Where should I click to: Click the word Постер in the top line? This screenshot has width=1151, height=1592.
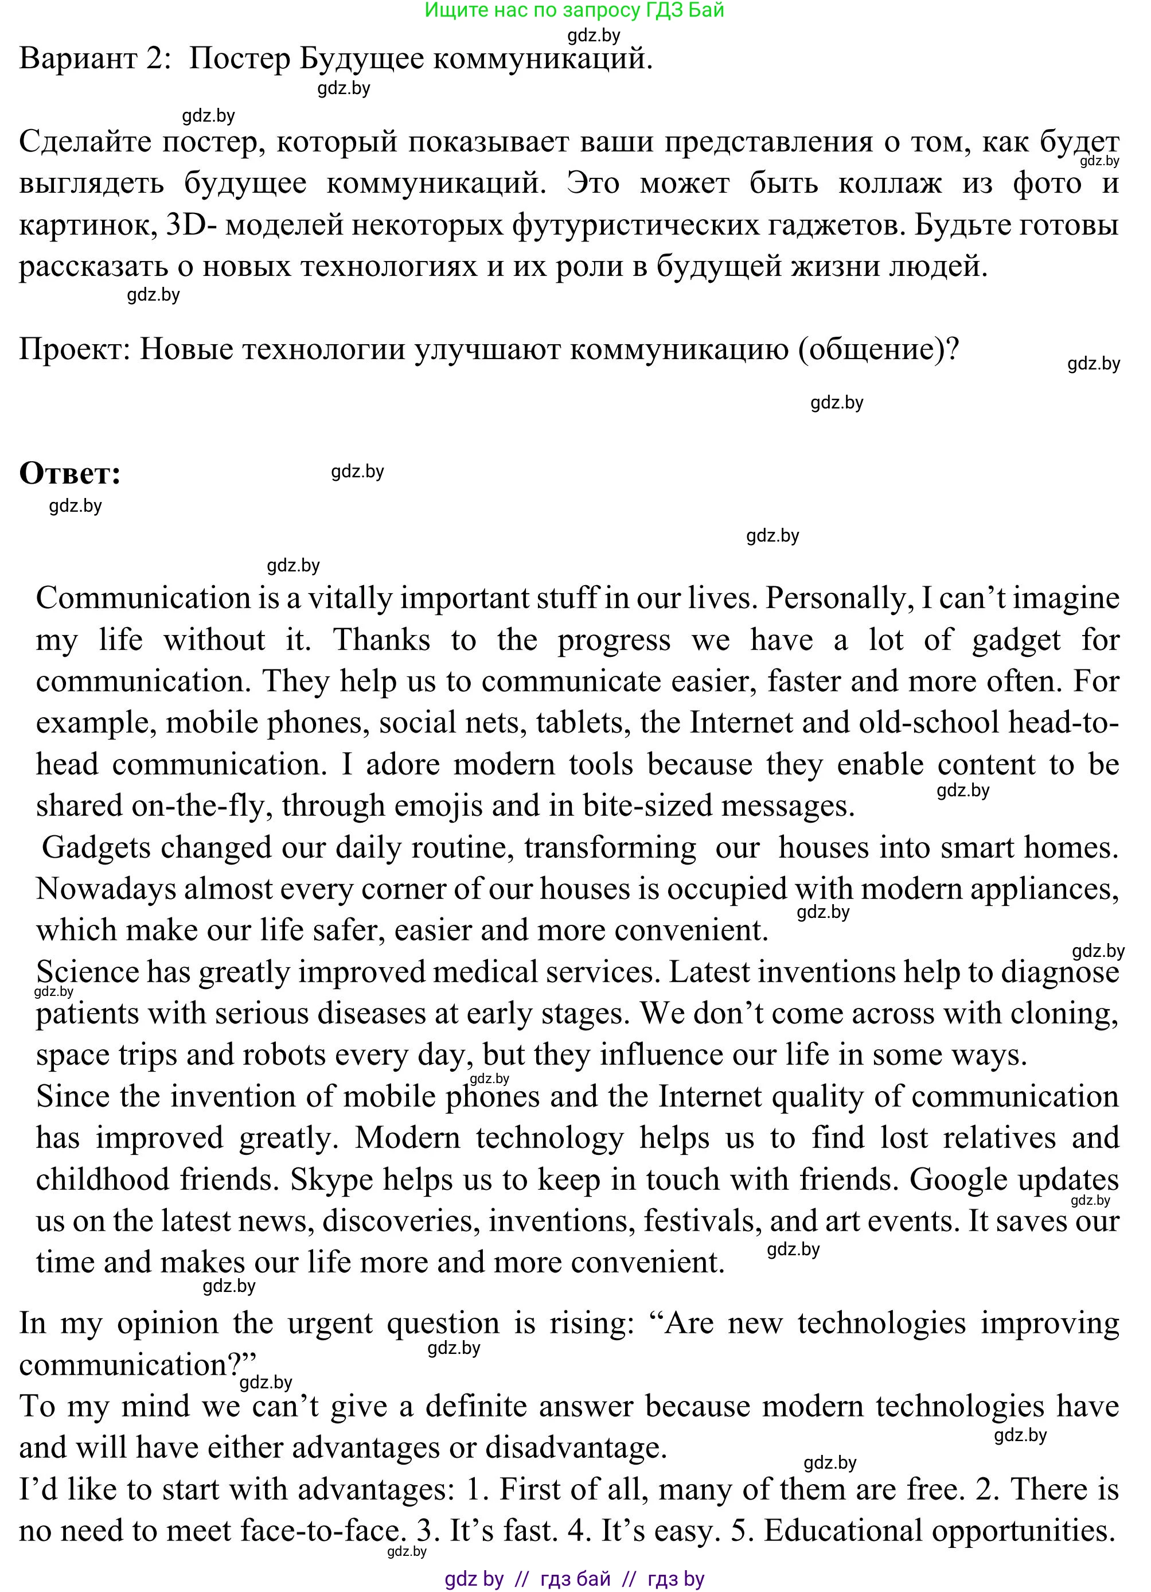239,59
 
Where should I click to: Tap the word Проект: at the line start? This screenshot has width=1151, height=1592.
75,349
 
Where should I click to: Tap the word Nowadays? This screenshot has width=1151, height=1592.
106,889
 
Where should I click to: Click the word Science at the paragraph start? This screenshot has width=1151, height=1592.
88,972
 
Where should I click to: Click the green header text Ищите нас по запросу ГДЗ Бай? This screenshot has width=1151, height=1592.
574,10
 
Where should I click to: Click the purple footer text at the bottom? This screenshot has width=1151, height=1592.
574,1579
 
